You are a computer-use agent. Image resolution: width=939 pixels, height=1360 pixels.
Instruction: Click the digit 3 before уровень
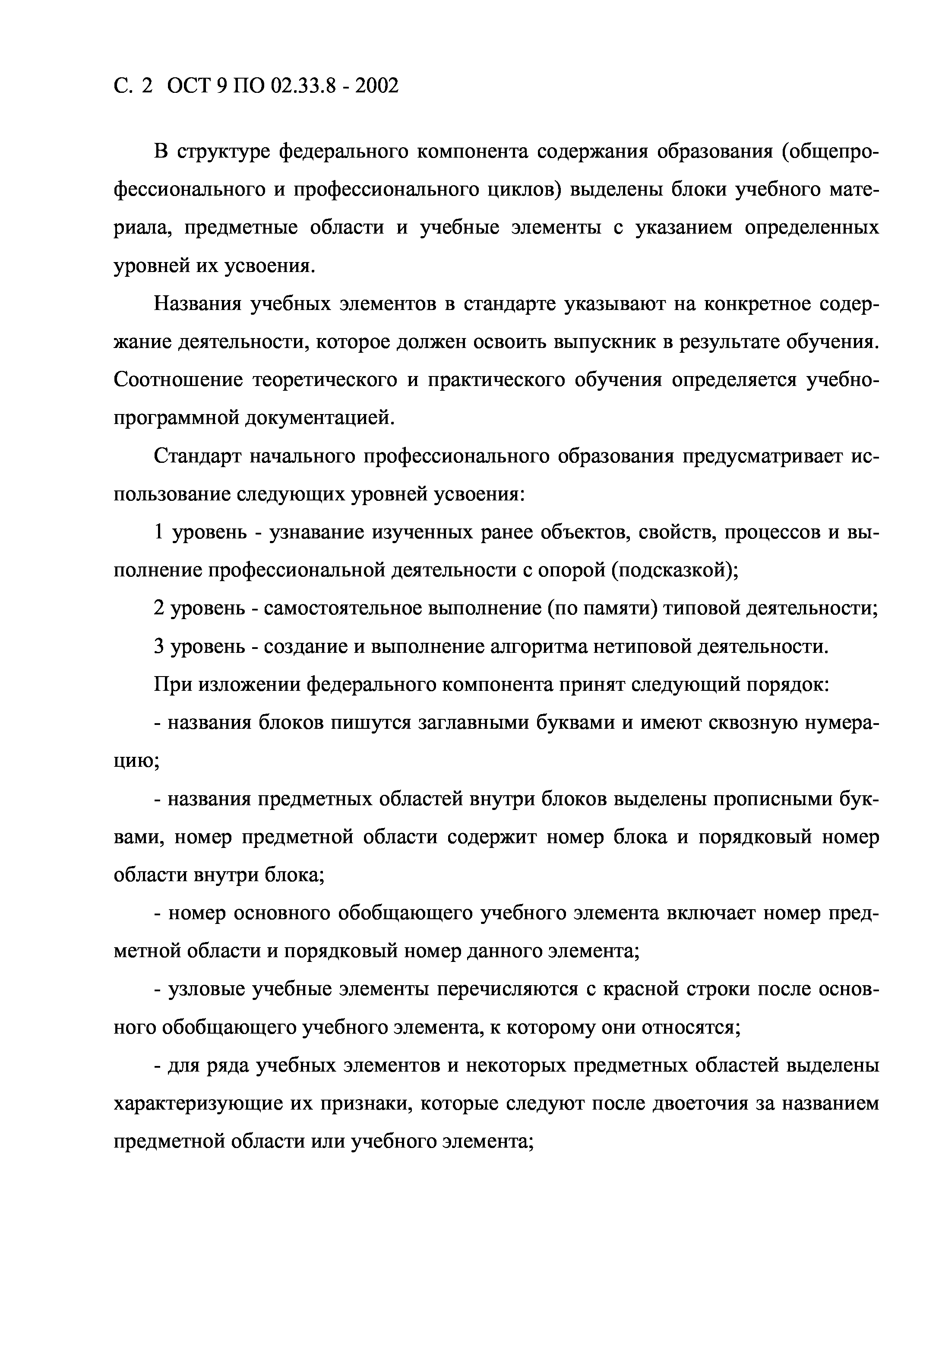pyautogui.click(x=158, y=646)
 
